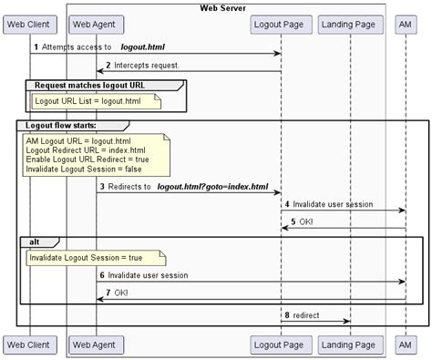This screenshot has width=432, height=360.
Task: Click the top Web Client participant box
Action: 30,21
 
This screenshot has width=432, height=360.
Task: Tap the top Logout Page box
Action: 280,21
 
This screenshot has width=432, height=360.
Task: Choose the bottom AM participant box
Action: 406,345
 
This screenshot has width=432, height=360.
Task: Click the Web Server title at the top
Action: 224,7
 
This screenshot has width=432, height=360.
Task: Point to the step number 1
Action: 36,46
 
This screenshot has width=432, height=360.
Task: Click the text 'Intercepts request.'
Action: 146,66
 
